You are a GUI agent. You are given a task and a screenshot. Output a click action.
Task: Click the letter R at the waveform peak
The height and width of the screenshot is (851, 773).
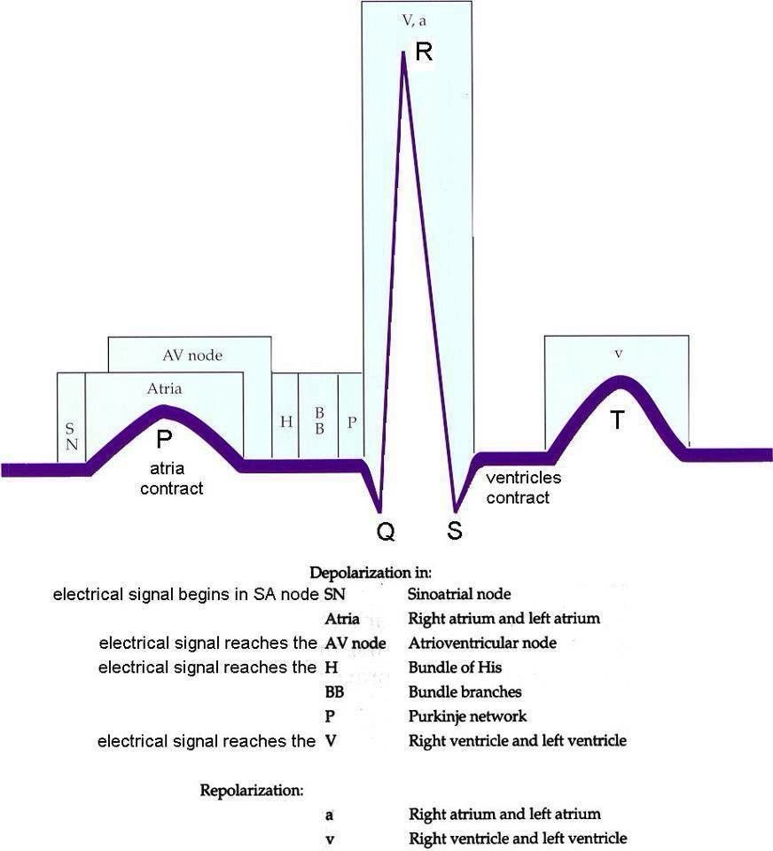(424, 51)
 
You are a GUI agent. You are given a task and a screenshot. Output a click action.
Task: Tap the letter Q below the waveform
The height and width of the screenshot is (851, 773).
(385, 531)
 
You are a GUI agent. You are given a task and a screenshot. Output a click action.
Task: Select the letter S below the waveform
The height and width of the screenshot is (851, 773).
(454, 531)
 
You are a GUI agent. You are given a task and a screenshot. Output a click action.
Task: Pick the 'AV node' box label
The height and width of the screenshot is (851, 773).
(191, 355)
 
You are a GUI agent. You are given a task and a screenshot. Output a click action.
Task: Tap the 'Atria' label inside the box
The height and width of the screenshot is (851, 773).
(164, 387)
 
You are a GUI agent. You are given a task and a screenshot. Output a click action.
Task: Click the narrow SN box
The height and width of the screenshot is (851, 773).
(71, 417)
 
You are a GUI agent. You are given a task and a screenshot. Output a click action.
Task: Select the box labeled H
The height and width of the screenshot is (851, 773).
(285, 417)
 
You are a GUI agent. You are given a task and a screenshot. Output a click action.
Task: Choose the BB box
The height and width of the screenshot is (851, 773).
(319, 417)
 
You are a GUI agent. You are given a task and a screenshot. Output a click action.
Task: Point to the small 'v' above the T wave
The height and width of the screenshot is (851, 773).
(618, 354)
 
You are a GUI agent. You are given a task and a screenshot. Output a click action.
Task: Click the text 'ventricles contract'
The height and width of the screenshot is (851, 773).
(523, 488)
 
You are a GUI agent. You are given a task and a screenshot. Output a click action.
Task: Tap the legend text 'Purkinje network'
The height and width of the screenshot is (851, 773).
(467, 715)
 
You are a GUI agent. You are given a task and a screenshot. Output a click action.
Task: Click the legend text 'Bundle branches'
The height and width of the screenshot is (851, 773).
(465, 691)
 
